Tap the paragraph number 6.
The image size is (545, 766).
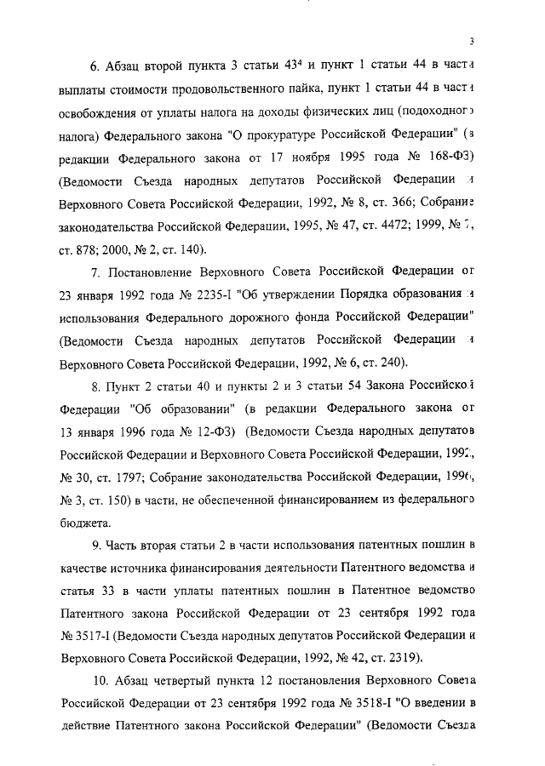[x=95, y=66]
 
